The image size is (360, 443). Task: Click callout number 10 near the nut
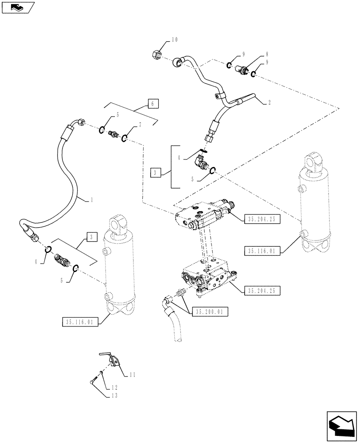click(174, 40)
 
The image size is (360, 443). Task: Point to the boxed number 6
click(152, 104)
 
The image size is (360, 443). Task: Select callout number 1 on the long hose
click(91, 200)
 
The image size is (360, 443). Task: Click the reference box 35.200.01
click(210, 312)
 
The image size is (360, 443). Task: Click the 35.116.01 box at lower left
click(78, 322)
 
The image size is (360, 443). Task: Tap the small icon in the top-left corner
click(17, 7)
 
